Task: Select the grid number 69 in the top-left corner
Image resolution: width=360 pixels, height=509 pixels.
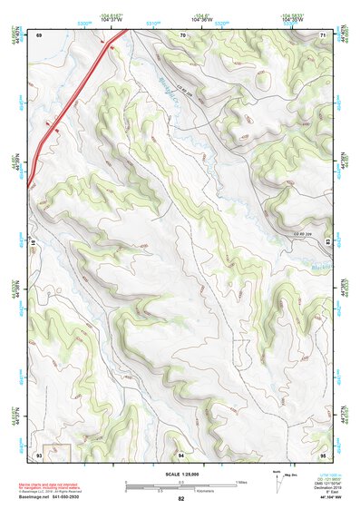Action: [39, 34]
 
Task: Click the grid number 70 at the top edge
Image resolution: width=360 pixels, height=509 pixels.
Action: [182, 34]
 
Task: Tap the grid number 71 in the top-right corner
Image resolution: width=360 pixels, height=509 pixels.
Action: [323, 34]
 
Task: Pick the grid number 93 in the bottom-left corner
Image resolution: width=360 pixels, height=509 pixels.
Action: [39, 453]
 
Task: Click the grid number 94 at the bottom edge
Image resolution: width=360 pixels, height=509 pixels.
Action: [181, 453]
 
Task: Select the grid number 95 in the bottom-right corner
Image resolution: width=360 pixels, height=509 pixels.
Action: [323, 453]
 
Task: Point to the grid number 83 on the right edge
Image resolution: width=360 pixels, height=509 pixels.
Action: [327, 243]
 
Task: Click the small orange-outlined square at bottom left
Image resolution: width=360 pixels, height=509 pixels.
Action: [56, 450]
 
